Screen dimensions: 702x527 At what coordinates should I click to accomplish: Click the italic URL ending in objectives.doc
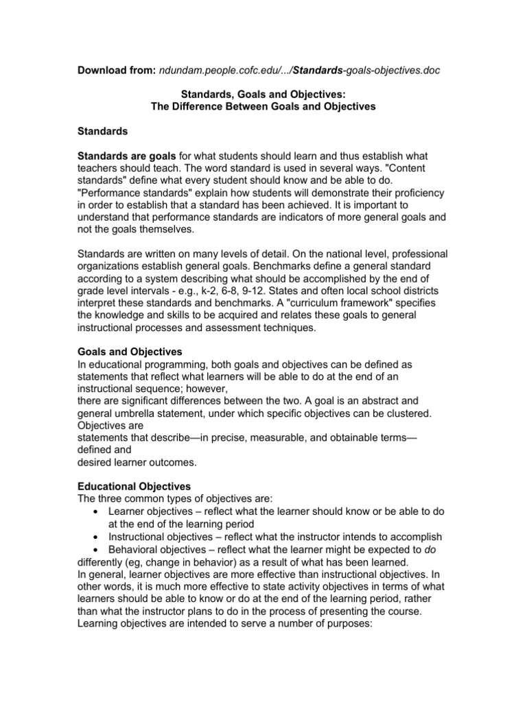tap(299, 71)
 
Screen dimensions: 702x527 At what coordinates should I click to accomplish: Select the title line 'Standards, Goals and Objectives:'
tap(263, 95)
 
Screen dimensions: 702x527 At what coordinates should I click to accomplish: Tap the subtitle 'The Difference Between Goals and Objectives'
tap(263, 107)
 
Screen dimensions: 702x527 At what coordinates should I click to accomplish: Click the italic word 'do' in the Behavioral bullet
tap(428, 549)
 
